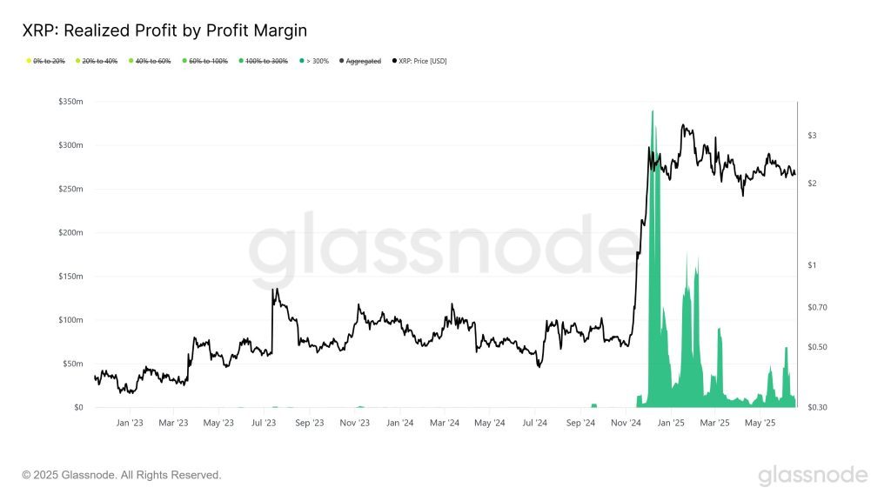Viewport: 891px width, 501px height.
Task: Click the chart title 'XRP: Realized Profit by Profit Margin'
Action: point(164,31)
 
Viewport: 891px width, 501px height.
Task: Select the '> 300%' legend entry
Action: point(314,61)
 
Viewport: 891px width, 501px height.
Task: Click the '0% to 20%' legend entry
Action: point(47,61)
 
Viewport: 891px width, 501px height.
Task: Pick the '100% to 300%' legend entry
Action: point(266,61)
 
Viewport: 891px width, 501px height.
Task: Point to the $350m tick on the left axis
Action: point(69,102)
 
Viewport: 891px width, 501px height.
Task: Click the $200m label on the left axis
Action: point(69,233)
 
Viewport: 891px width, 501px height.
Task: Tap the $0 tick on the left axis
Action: point(77,407)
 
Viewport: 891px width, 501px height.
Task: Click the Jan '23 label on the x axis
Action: point(130,424)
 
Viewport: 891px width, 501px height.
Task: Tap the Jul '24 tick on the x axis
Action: point(535,424)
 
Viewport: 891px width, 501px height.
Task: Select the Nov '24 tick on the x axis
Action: point(625,424)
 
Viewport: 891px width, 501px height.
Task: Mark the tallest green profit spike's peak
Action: point(653,111)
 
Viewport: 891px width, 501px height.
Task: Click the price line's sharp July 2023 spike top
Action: point(274,290)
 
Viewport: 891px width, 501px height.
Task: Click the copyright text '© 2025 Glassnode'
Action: point(122,475)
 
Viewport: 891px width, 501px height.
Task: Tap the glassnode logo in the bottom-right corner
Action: point(812,475)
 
